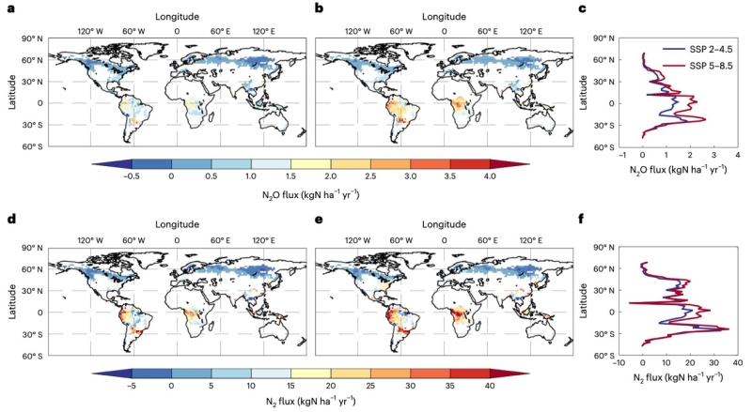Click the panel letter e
(319, 218)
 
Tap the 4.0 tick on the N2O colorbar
(490, 176)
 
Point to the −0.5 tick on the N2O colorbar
(131, 176)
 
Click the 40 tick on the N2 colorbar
(490, 386)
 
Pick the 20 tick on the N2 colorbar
(331, 386)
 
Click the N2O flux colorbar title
(310, 194)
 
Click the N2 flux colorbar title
(310, 403)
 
